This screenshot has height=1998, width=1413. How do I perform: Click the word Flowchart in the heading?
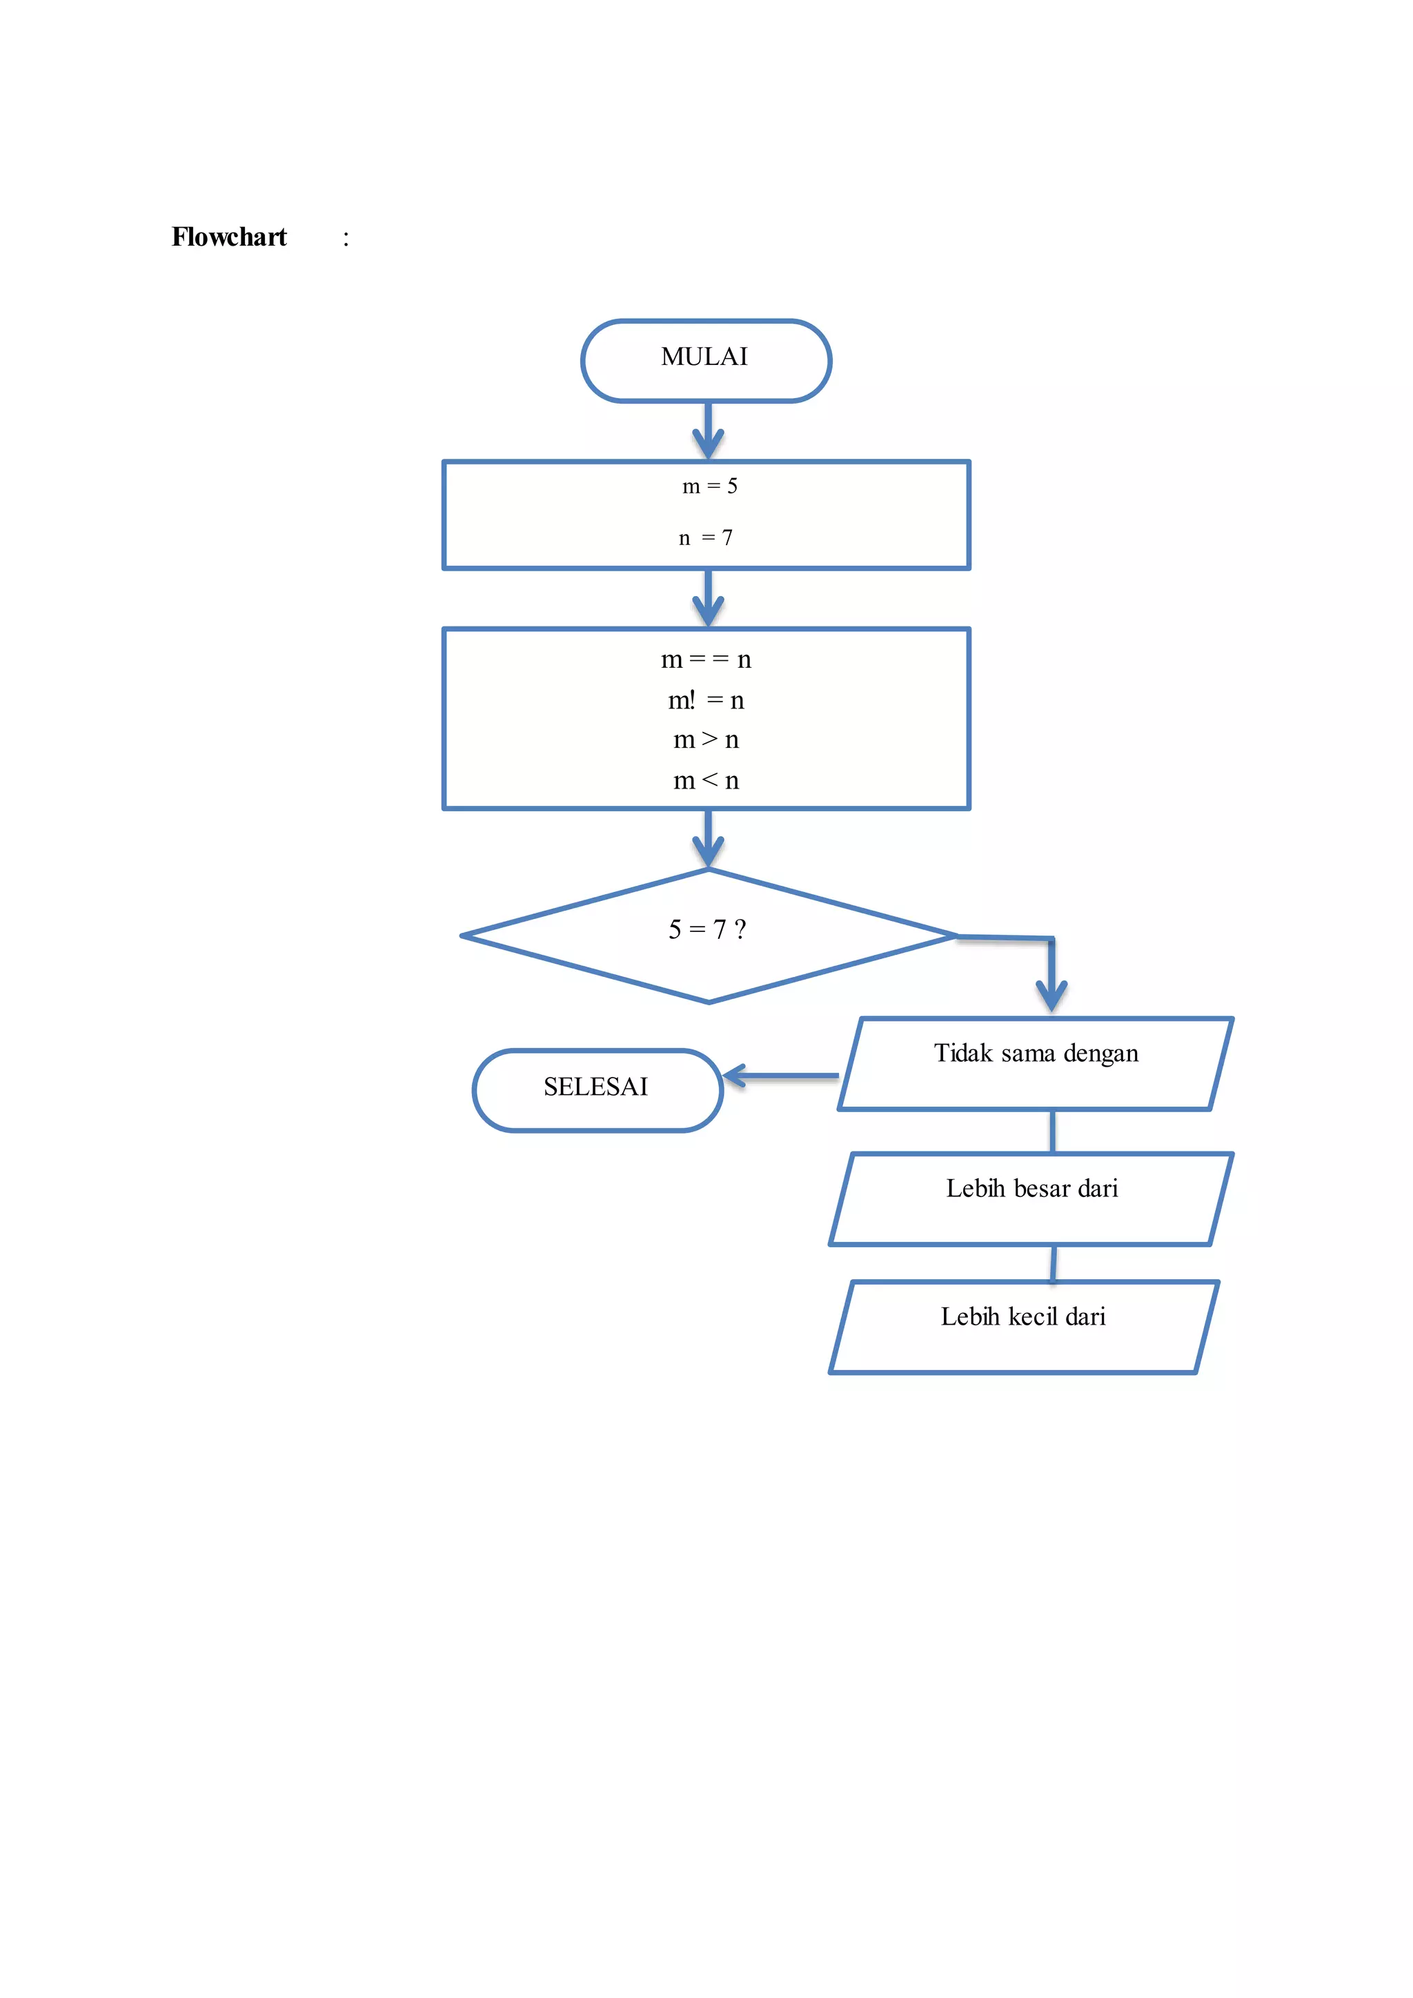229,237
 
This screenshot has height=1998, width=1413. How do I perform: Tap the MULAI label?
704,357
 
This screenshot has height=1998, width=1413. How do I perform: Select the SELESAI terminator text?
595,1087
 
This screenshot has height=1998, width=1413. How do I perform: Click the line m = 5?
709,486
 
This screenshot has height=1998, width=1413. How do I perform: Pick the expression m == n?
706,660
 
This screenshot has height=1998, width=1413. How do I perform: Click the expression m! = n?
706,700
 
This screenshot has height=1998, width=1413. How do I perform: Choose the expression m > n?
706,740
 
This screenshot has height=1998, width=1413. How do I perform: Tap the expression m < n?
706,780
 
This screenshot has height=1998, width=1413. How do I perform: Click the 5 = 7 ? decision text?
706,929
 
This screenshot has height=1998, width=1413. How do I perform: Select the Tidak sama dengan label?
1036,1054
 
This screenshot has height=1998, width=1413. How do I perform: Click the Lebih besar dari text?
1032,1189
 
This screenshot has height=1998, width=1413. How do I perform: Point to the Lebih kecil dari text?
1022,1316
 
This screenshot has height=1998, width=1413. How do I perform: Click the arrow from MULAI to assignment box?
709,431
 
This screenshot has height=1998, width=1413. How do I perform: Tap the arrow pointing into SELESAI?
779,1076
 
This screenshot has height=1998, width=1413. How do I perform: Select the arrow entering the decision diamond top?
709,839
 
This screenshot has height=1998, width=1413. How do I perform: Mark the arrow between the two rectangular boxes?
709,599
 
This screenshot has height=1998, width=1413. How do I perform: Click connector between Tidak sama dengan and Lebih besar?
1053,1131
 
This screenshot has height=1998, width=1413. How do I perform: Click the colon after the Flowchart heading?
346,239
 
